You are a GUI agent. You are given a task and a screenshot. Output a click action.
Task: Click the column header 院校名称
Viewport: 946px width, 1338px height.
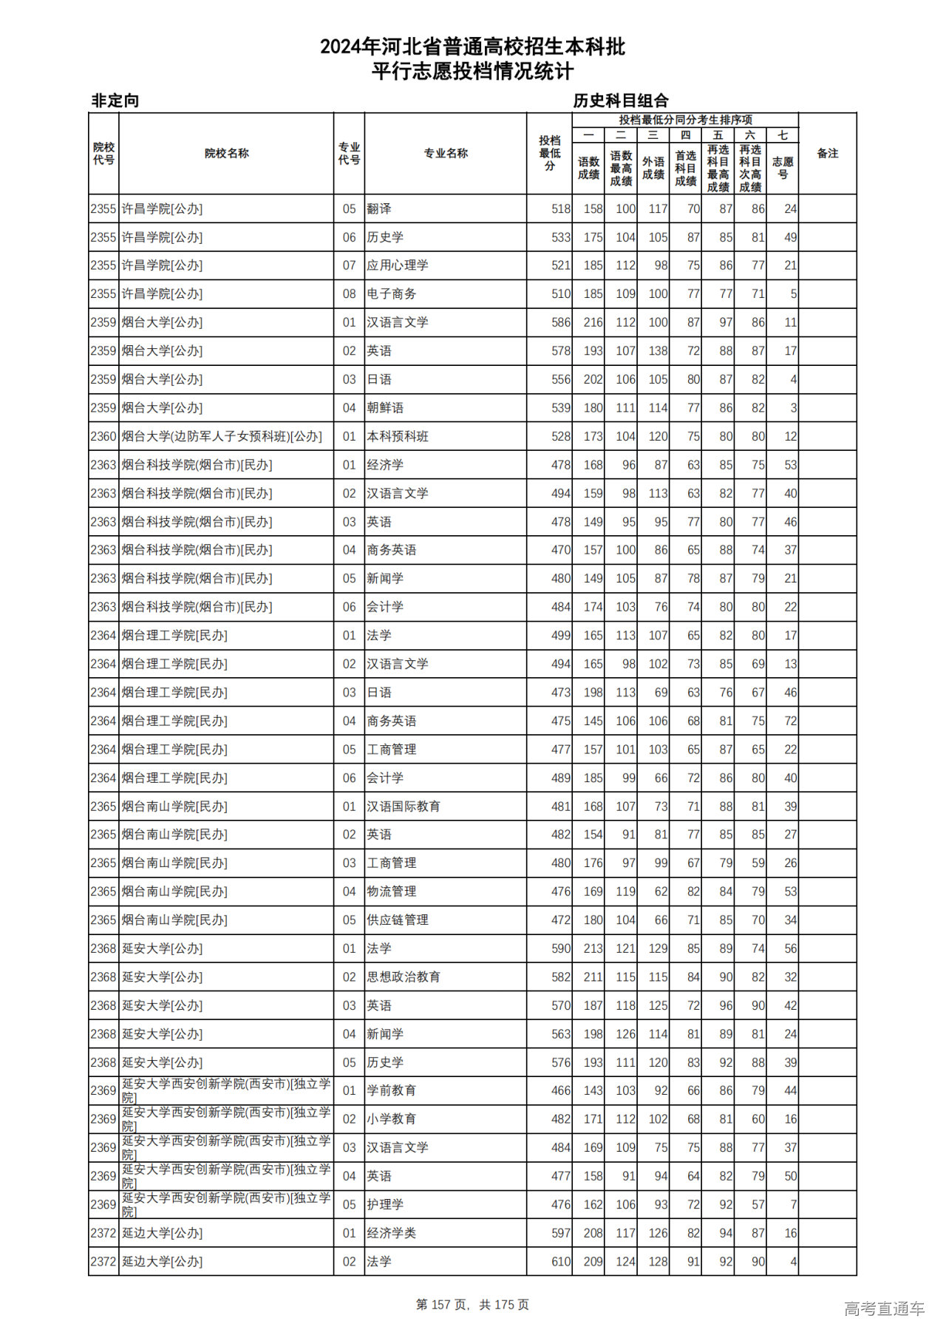(x=226, y=154)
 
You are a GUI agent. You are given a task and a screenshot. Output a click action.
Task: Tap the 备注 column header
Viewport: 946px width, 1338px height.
(x=827, y=154)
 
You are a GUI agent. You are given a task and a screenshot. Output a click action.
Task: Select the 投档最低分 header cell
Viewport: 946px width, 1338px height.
(x=549, y=154)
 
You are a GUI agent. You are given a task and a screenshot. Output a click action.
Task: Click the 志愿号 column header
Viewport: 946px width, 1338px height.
(x=783, y=168)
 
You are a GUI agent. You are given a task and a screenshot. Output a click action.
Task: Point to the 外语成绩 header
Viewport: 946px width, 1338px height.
(x=653, y=168)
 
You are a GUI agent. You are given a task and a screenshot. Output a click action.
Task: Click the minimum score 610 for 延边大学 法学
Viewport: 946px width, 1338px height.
(x=561, y=1262)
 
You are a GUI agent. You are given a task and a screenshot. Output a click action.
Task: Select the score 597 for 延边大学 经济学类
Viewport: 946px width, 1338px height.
(x=561, y=1233)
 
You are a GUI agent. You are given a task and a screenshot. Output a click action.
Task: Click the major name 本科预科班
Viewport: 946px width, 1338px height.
(x=398, y=437)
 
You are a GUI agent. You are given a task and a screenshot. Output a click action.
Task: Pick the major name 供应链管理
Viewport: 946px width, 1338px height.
(x=398, y=920)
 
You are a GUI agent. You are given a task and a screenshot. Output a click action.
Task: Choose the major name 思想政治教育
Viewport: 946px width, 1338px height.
(x=404, y=977)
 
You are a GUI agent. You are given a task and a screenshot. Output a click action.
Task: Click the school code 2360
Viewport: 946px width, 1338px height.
(x=103, y=437)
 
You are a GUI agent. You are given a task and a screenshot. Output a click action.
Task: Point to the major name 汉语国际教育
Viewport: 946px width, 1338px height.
(x=404, y=806)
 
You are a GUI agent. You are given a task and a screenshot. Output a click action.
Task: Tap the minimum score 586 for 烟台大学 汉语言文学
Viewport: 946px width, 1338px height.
(x=561, y=322)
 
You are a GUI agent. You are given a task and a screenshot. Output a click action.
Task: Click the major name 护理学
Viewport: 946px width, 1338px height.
(x=385, y=1205)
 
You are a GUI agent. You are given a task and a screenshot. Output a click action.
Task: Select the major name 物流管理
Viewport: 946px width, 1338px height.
(x=392, y=892)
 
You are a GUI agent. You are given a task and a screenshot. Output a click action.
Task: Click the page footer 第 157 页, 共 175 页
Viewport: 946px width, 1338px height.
(x=472, y=1305)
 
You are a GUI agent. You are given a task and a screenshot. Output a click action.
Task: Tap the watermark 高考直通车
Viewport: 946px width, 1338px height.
(x=884, y=1309)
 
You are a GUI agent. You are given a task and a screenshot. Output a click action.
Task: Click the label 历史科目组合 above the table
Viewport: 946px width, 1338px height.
(x=621, y=101)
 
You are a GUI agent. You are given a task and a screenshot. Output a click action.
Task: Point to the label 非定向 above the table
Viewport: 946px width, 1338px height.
(x=115, y=101)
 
